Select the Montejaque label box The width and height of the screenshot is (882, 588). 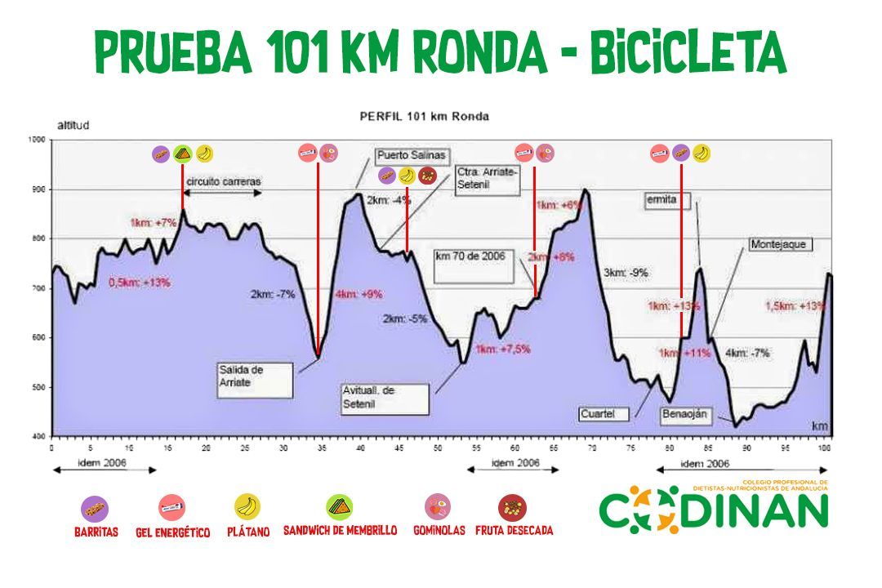point(777,244)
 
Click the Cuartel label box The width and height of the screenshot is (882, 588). point(605,414)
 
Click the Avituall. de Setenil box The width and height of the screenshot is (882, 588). point(385,398)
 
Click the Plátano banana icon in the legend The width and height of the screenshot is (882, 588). point(247,507)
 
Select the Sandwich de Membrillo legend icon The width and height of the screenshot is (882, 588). point(340,507)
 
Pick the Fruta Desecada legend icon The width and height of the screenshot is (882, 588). point(513,507)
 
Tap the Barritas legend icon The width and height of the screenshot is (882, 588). point(95,509)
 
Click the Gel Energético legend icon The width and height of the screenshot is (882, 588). point(171,508)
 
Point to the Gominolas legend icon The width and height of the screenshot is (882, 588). point(439,507)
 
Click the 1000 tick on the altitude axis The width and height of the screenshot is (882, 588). point(37,140)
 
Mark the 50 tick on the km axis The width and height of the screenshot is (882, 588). point(438,448)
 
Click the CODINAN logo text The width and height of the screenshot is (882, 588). point(714,510)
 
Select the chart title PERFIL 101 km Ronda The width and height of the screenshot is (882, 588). point(425,116)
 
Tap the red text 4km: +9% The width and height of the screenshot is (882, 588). point(359,295)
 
